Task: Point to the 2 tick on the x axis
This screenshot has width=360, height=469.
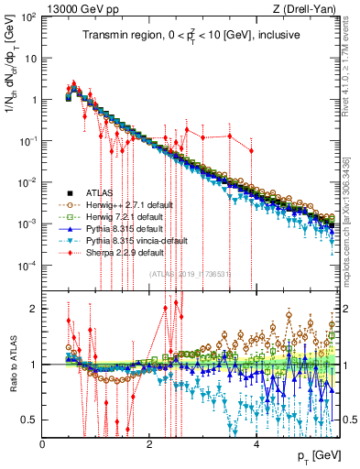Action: tap(150, 444)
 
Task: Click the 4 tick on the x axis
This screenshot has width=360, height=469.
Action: tap(256, 444)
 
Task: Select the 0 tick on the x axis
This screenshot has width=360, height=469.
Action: tap(44, 444)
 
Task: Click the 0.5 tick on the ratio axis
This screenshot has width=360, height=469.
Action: tap(32, 420)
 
